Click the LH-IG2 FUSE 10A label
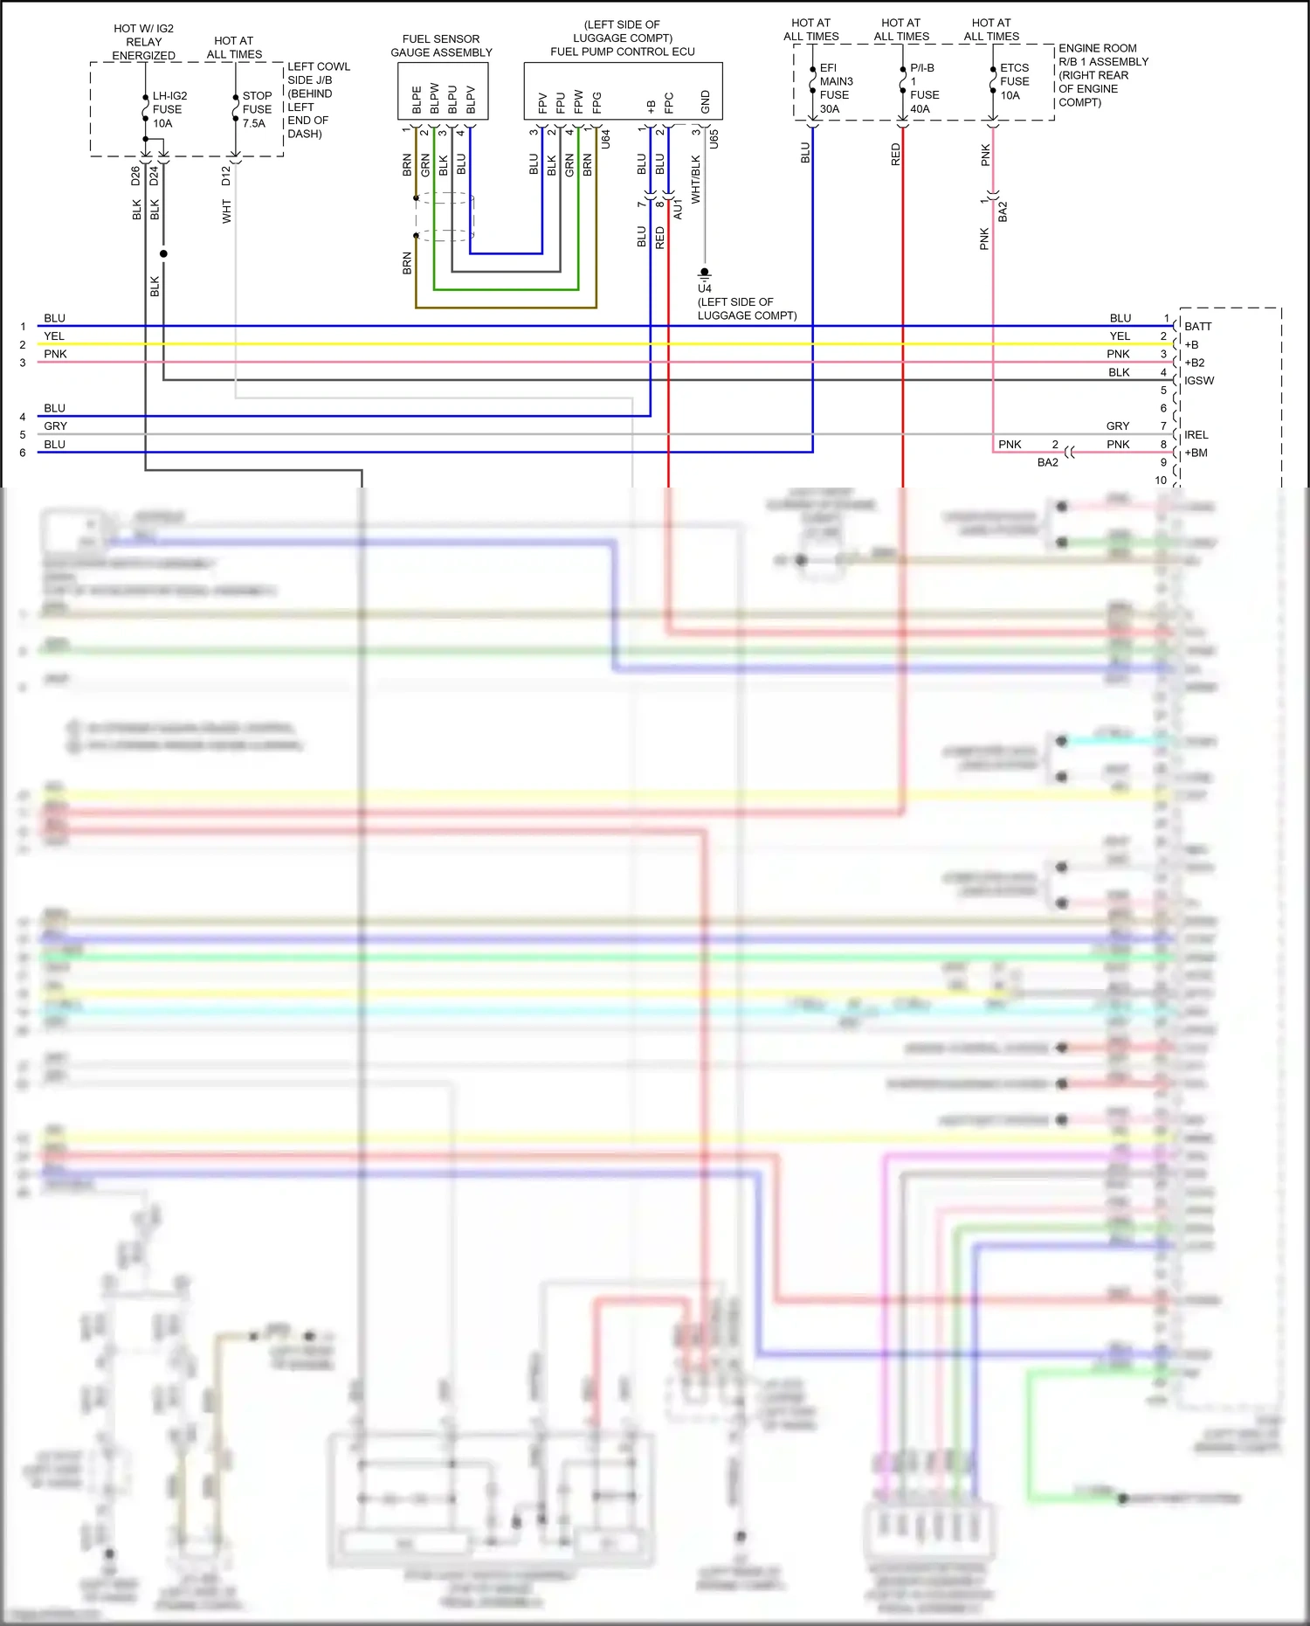tap(169, 109)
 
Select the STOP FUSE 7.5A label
tap(257, 109)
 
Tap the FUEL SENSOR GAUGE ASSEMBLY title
tap(441, 45)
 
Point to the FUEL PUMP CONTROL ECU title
tap(622, 52)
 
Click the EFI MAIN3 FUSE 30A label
tap(835, 88)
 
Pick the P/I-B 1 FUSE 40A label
tap(923, 88)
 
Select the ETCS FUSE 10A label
tap(1014, 81)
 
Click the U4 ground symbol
tap(705, 274)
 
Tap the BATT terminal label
tap(1197, 326)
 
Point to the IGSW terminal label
tap(1199, 380)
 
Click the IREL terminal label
tap(1196, 434)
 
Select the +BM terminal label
tap(1196, 453)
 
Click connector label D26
tap(135, 176)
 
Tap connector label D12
tap(226, 176)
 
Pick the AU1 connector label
tap(679, 209)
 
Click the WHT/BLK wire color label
tap(696, 180)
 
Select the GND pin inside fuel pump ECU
tap(705, 102)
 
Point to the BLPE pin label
tap(417, 100)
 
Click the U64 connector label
tap(605, 138)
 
